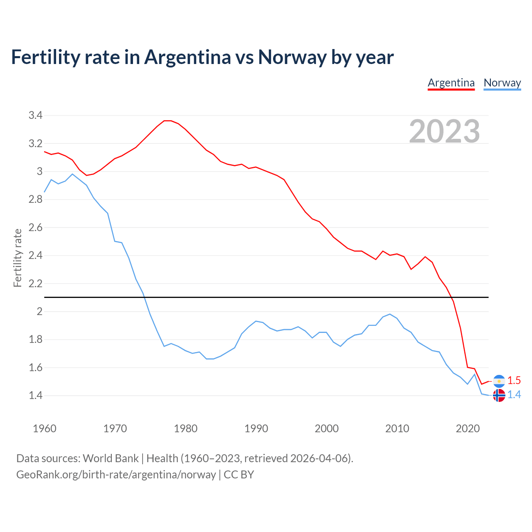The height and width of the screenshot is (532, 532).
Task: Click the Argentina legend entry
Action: tap(451, 83)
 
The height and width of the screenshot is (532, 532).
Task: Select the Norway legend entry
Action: tap(502, 83)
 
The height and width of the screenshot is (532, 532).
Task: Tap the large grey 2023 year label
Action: tap(444, 131)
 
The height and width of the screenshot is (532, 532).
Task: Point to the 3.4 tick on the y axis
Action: tap(35, 116)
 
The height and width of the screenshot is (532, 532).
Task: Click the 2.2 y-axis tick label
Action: tap(35, 284)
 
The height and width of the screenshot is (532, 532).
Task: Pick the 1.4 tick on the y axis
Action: tap(35, 396)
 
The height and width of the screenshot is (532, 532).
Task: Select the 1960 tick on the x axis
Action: tap(44, 429)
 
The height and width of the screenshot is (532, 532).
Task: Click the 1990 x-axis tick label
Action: tap(256, 429)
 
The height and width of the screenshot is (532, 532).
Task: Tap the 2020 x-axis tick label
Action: tap(468, 429)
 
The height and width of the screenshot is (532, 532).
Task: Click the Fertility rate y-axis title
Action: tap(17, 258)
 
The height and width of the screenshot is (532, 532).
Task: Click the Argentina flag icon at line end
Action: tap(499, 381)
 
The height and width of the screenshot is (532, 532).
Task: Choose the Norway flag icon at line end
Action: tap(499, 395)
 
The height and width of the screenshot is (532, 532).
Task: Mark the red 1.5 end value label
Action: tap(514, 380)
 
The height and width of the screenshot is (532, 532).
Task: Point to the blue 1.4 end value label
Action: tap(514, 395)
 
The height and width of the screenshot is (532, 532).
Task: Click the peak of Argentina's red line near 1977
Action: tap(167, 121)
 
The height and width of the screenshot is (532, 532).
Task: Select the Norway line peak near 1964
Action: tap(72, 174)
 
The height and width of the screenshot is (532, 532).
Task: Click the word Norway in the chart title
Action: tap(292, 57)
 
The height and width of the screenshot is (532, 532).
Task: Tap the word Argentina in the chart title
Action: tap(187, 57)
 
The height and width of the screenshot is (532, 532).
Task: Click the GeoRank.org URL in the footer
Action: tap(116, 475)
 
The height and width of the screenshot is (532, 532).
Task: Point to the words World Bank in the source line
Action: tap(111, 458)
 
